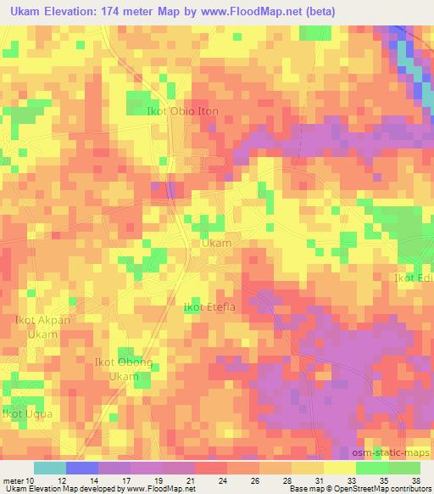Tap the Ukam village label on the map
(217, 243)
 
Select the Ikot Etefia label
(209, 308)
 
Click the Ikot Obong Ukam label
(123, 369)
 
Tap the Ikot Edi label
(413, 278)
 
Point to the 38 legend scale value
(415, 480)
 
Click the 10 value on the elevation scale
(31, 480)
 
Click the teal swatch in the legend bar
(50, 468)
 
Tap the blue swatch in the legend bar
(82, 468)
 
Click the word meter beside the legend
(13, 480)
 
